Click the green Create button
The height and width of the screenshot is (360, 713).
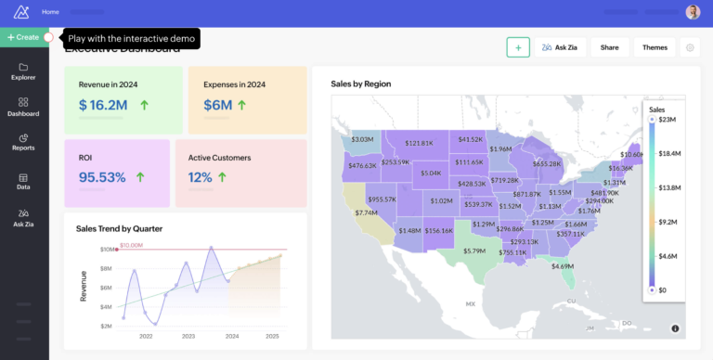[23, 37]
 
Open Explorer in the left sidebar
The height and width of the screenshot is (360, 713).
[23, 71]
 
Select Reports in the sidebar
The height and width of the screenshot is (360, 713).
[23, 142]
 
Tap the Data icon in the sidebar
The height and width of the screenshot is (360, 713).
[23, 181]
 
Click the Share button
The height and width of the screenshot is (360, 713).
[609, 47]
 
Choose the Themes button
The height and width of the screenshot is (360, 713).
[655, 47]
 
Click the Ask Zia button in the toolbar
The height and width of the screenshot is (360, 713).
[560, 47]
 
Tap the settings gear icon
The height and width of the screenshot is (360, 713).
[689, 47]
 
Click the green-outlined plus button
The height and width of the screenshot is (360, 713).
[518, 47]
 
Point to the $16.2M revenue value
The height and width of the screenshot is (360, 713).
[103, 106]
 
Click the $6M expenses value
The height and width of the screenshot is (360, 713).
[217, 106]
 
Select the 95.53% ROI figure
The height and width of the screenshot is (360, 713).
[102, 176]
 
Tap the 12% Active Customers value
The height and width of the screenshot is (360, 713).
[201, 176]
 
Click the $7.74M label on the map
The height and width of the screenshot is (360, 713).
[366, 212]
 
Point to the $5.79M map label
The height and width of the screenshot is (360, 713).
[474, 251]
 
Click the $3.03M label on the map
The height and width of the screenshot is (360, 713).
[361, 140]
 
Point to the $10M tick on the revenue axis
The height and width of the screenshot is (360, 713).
[107, 250]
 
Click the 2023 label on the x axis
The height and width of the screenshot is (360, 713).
[188, 336]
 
